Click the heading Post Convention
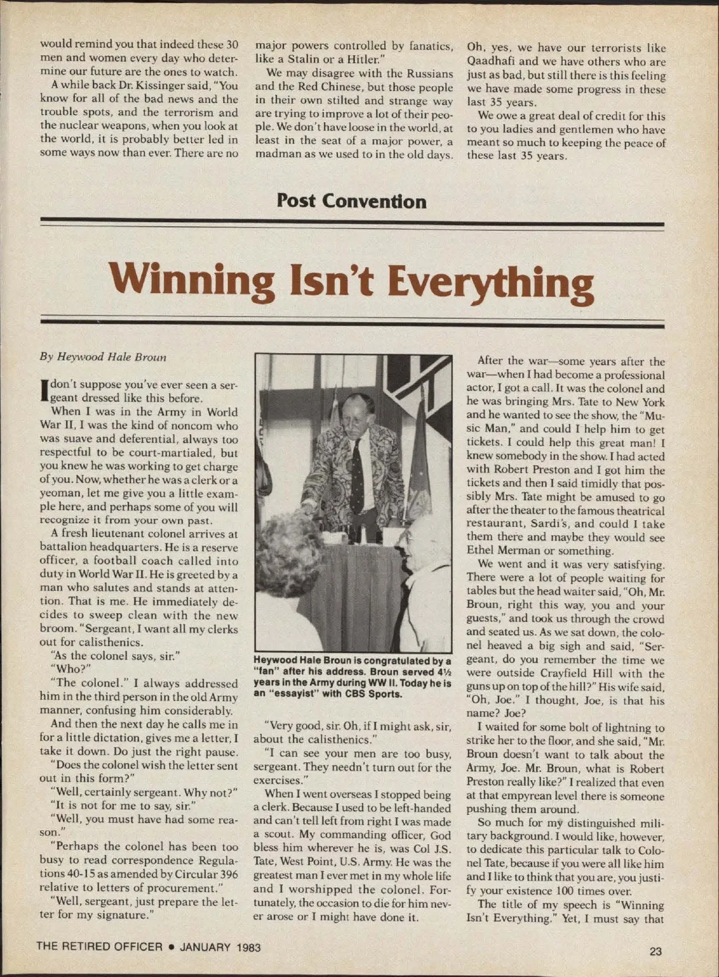click(x=352, y=201)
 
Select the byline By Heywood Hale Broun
click(x=103, y=357)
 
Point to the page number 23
click(x=655, y=951)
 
